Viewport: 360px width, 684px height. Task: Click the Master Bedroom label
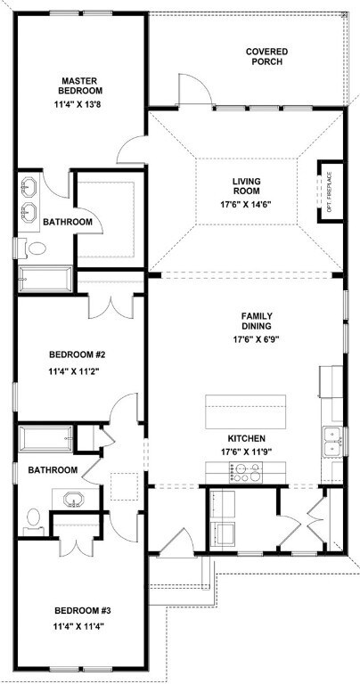tap(82, 85)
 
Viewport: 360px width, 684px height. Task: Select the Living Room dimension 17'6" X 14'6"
tap(246, 204)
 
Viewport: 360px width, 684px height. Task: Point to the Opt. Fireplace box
tap(331, 192)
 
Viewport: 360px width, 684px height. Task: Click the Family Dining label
tap(257, 321)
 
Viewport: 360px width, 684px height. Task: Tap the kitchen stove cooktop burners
tap(245, 472)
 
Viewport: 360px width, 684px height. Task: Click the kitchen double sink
tap(333, 442)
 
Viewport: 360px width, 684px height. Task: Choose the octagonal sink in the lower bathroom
tap(76, 499)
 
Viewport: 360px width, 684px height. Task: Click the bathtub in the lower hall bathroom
tap(45, 438)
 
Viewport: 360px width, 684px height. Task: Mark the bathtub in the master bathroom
tap(45, 279)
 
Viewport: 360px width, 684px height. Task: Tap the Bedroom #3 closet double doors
tap(77, 546)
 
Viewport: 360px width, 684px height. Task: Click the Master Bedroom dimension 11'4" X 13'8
tap(81, 104)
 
